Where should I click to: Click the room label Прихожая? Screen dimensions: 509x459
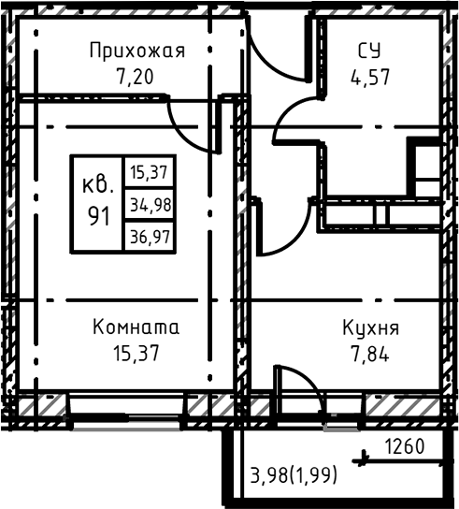pyautogui.click(x=136, y=51)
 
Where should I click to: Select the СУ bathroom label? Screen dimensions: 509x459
pyautogui.click(x=370, y=51)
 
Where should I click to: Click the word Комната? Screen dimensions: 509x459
pyautogui.click(x=136, y=328)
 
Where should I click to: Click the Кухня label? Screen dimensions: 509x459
pyautogui.click(x=370, y=328)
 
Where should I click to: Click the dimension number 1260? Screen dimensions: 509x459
pyautogui.click(x=405, y=447)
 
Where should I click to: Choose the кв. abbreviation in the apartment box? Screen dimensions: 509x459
pyautogui.click(x=97, y=183)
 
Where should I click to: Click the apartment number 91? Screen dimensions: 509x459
pyautogui.click(x=97, y=213)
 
